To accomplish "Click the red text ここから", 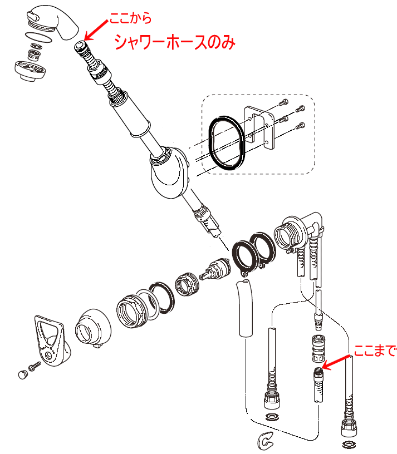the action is (130, 18).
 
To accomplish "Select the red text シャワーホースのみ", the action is (175, 42).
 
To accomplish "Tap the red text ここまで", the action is (375, 351).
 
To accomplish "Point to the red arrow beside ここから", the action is (96, 30).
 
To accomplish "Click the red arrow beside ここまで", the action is (337, 362).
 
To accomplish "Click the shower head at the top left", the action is (54, 23).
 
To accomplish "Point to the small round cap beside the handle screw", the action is (23, 374).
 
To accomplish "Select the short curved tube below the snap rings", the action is (244, 309).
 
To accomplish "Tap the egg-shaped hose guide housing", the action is (169, 173).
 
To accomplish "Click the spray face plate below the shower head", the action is (30, 70).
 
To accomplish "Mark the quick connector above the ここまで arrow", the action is (318, 348).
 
